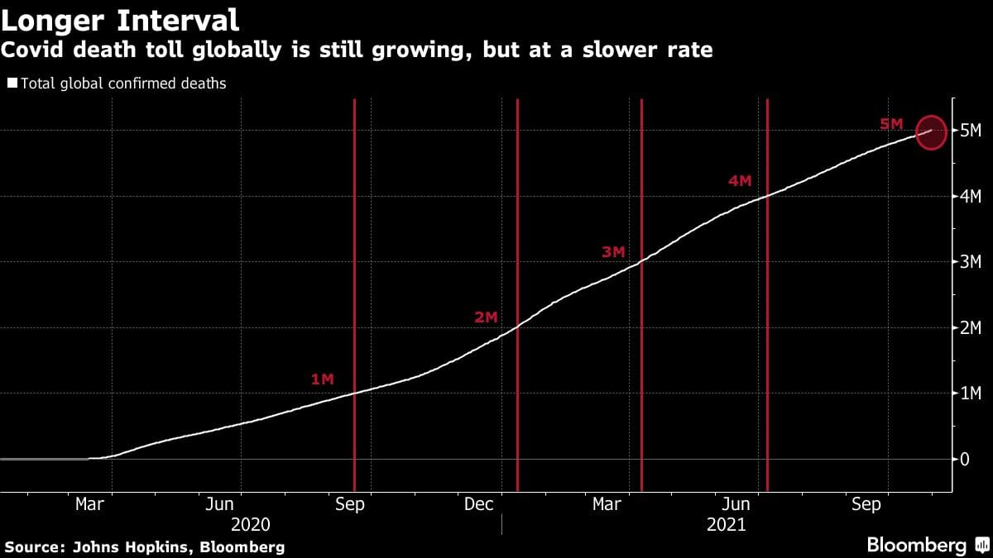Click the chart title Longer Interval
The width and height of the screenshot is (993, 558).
point(121,20)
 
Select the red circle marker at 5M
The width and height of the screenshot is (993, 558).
point(932,131)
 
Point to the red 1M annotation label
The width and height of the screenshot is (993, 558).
point(322,379)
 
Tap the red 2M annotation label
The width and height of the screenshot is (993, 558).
point(486,317)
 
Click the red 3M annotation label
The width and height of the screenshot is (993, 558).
point(613,252)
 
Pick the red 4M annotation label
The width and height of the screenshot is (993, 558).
point(740,180)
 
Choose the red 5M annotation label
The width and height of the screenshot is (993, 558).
point(891,124)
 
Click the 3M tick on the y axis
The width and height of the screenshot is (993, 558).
point(970,262)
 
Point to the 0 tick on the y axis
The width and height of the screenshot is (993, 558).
point(965,459)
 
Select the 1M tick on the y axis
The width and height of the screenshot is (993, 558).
point(970,393)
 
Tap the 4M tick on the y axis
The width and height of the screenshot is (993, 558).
point(970,197)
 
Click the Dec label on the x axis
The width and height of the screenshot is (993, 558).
point(478,504)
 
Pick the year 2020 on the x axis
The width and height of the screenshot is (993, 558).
point(251,524)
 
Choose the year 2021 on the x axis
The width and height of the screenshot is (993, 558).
point(727,524)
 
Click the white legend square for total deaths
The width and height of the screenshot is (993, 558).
point(12,83)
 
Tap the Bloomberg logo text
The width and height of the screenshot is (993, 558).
point(916,546)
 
